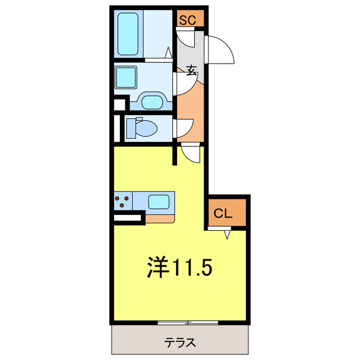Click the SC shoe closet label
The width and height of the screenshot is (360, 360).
(x=187, y=20)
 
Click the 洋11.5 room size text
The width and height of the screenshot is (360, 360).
(x=180, y=268)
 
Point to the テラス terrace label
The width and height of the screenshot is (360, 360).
(x=180, y=341)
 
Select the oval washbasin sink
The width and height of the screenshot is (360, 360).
(x=152, y=102)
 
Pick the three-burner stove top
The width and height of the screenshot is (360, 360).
(x=123, y=201)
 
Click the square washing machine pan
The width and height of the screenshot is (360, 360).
(x=126, y=77)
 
